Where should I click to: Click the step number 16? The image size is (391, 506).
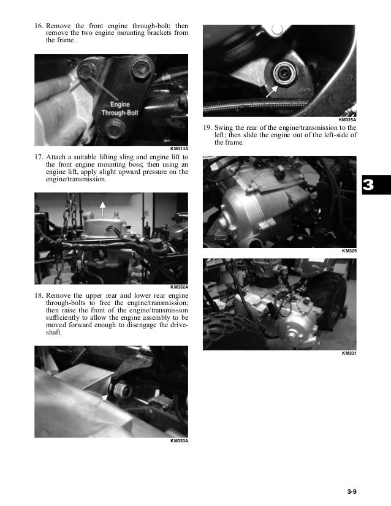[39, 26]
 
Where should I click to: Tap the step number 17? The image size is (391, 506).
[39, 157]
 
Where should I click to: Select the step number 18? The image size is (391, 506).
[39, 296]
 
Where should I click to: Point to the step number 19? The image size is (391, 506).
[207, 127]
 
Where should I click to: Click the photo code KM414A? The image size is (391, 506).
[179, 149]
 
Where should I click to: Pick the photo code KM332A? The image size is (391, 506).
[179, 287]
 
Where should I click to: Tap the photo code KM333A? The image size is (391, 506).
[179, 441]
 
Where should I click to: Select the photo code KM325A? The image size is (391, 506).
[347, 119]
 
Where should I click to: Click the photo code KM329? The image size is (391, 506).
[349, 251]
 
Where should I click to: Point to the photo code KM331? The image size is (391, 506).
[349, 353]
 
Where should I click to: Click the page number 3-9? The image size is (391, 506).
[352, 492]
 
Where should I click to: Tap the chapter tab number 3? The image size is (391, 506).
[368, 185]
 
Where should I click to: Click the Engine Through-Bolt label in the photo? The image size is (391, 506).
[120, 109]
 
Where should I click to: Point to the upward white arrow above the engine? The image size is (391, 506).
[103, 210]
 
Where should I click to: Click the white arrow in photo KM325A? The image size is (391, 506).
[271, 91]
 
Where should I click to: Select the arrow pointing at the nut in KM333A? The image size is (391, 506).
[101, 401]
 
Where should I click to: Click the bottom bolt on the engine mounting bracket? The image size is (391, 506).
[116, 127]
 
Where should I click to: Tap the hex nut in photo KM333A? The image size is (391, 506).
[123, 389]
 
